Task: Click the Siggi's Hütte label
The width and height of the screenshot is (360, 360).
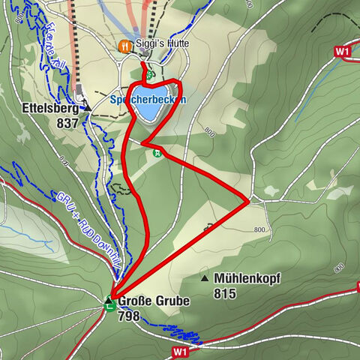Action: click(x=162, y=44)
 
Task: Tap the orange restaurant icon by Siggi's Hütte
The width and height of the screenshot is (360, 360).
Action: click(x=125, y=45)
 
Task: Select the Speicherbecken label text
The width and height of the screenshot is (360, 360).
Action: click(x=148, y=98)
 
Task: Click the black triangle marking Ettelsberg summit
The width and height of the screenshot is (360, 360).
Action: click(x=87, y=108)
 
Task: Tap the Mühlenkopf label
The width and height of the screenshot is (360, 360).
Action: click(x=247, y=278)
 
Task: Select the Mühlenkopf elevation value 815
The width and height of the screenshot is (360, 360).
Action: click(x=224, y=293)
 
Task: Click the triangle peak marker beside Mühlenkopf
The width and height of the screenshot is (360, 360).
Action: click(x=205, y=278)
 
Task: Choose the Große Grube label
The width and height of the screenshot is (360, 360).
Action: click(x=154, y=301)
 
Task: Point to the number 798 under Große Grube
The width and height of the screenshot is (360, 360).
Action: click(x=129, y=316)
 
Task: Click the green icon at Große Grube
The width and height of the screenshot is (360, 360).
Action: click(x=109, y=304)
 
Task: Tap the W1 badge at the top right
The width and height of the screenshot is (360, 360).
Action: click(x=343, y=51)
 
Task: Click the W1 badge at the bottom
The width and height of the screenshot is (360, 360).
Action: click(x=179, y=350)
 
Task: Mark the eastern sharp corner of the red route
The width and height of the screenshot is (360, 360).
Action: click(x=248, y=201)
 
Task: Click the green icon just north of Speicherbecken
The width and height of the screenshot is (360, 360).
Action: click(x=150, y=75)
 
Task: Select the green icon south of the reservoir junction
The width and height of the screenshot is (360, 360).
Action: click(x=157, y=153)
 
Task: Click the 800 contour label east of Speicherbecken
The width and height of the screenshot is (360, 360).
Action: click(x=208, y=132)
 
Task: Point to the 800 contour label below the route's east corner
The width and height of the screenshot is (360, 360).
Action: click(x=260, y=229)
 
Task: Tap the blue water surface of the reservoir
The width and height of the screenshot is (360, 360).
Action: click(x=148, y=111)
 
